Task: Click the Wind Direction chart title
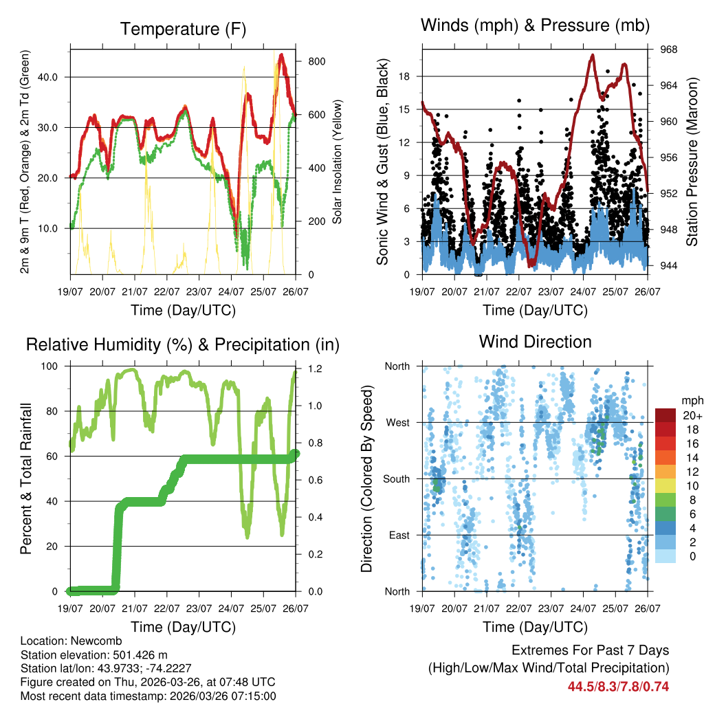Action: (535, 342)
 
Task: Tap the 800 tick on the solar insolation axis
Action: (316, 61)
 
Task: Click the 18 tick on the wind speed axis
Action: (404, 76)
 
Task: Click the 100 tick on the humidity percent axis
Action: (52, 366)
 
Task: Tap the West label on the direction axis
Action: (397, 422)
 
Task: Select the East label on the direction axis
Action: (398, 535)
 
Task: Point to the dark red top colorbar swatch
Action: (665, 415)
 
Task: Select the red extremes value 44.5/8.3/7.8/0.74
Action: (618, 686)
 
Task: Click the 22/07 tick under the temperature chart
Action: (167, 292)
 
